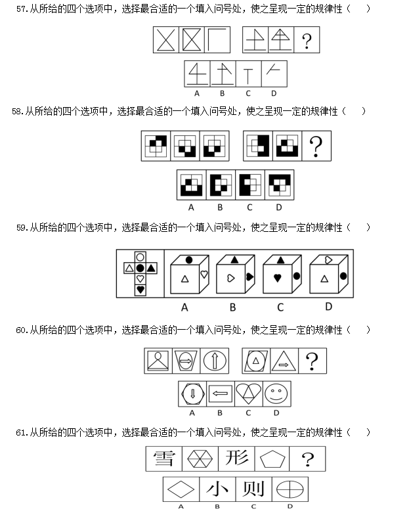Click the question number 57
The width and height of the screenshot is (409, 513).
[x=22, y=9]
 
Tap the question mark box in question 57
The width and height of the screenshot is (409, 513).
[x=307, y=40]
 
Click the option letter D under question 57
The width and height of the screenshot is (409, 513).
[x=274, y=93]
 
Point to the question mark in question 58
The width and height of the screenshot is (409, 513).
[x=316, y=146]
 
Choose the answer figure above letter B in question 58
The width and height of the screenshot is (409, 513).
[x=221, y=185]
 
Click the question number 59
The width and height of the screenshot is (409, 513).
[x=22, y=227]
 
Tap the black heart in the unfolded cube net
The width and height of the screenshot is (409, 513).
[x=140, y=289]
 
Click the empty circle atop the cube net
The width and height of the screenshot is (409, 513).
[x=140, y=257]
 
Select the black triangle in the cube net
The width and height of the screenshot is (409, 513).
[x=151, y=268]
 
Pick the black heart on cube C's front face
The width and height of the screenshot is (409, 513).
[x=278, y=279]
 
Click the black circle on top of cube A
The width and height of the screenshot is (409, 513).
[x=189, y=260]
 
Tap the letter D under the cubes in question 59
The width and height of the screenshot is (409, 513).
[x=328, y=307]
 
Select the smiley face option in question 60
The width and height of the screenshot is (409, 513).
[x=276, y=393]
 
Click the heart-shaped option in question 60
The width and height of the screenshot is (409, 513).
[x=248, y=393]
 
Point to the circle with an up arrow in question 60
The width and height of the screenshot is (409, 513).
[x=215, y=361]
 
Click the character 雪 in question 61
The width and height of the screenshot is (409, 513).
[x=164, y=458]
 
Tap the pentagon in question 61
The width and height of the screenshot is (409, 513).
[x=272, y=459]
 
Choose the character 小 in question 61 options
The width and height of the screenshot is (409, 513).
[x=217, y=489]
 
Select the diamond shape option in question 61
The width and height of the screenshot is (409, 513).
[x=181, y=490]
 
